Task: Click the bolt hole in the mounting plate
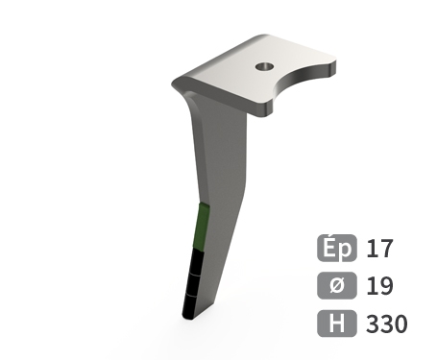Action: (x=264, y=66)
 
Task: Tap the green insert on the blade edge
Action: (x=202, y=227)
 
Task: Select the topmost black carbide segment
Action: (x=197, y=261)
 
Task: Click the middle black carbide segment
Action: (x=194, y=284)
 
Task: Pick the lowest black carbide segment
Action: (x=190, y=306)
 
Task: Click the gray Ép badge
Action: (x=337, y=248)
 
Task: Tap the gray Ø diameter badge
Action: (x=337, y=285)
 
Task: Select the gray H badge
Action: (x=337, y=324)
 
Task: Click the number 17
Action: (x=379, y=249)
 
